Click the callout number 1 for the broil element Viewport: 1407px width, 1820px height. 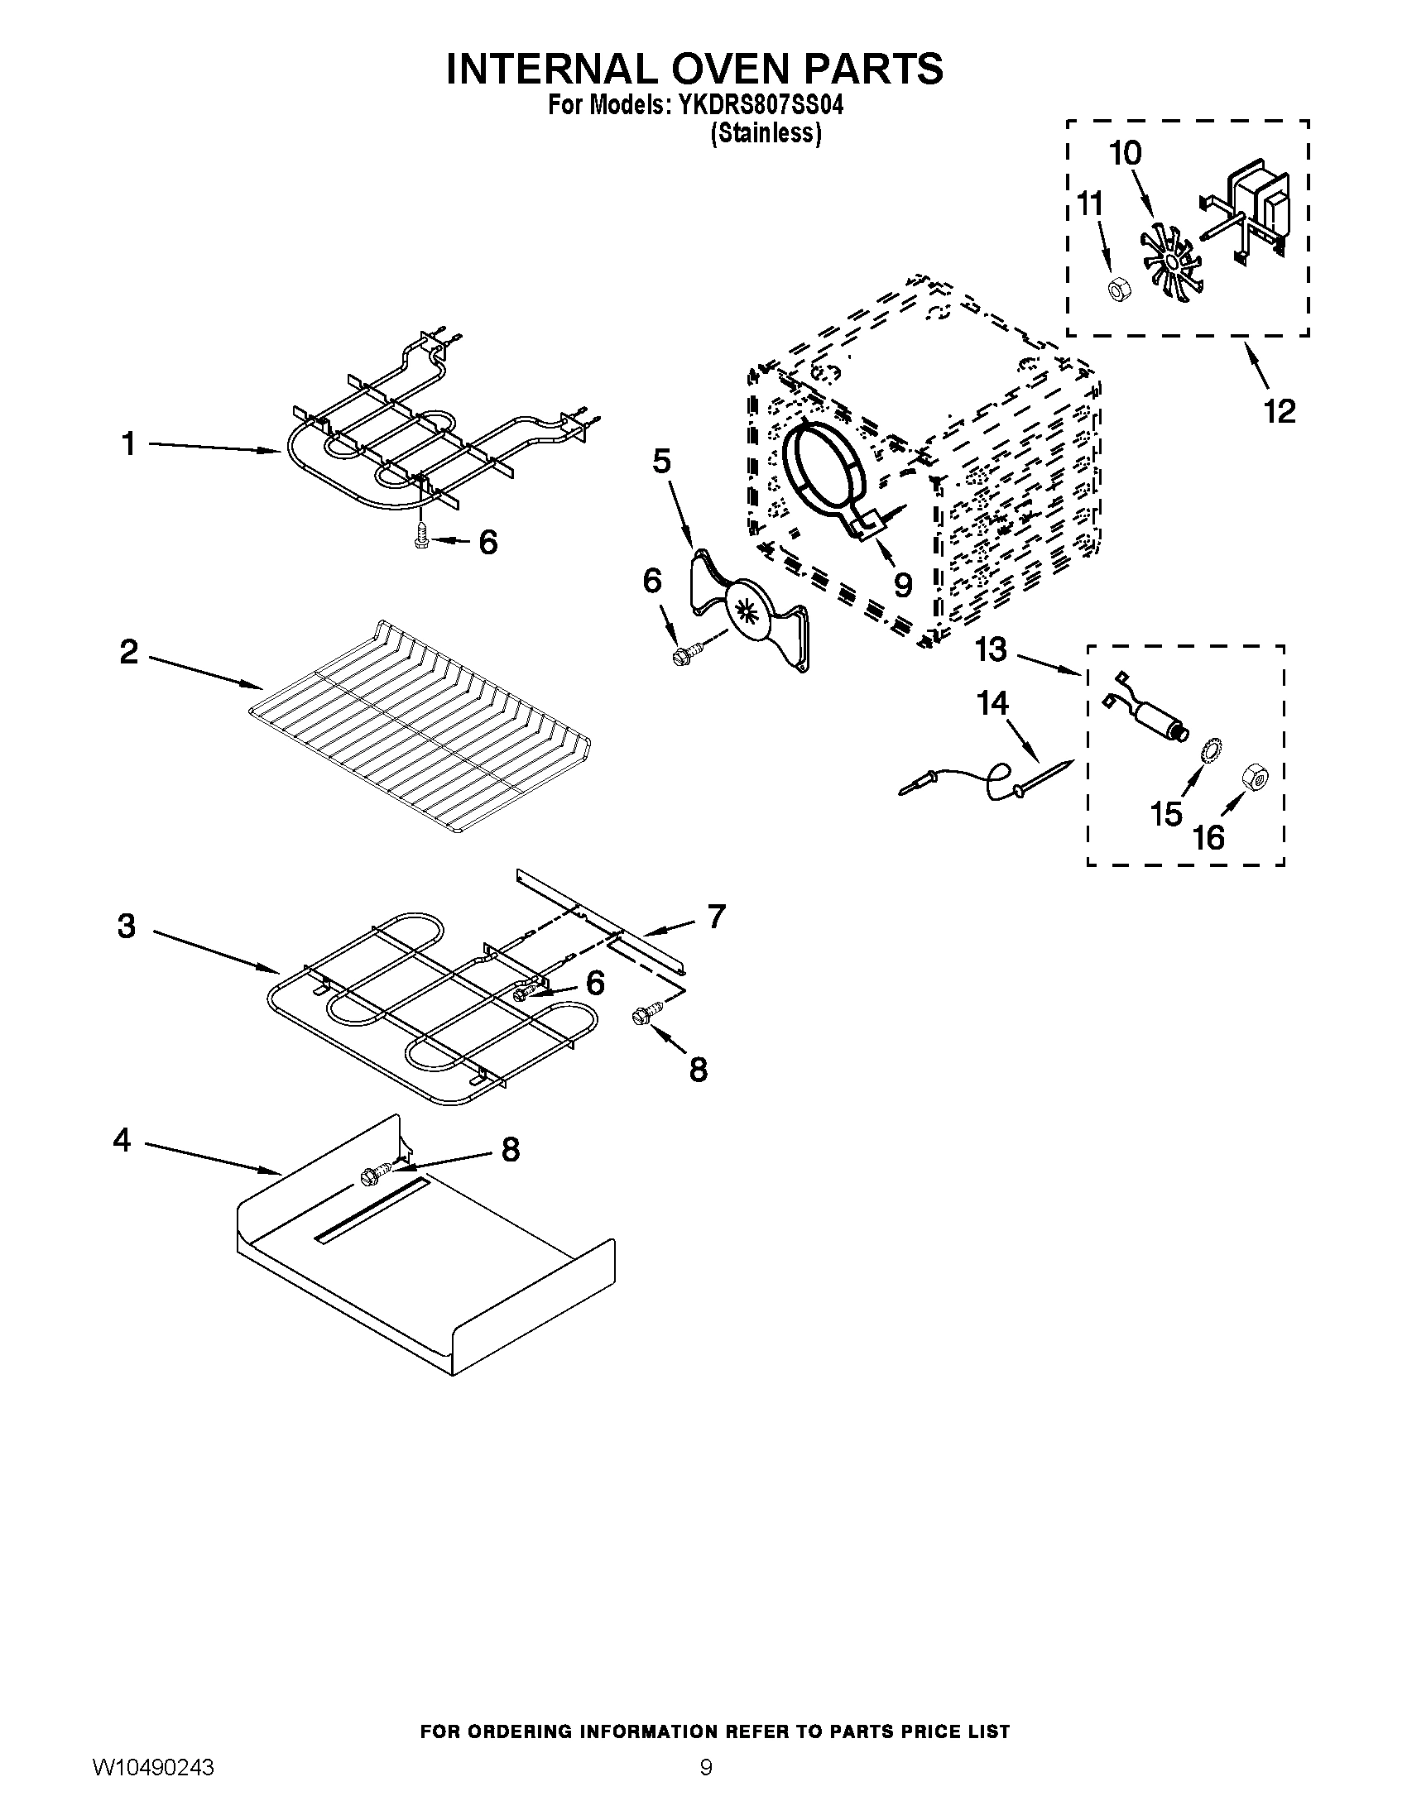click(x=128, y=444)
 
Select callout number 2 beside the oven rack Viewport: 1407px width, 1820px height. click(x=128, y=651)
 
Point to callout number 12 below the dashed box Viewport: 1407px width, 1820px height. click(x=1280, y=411)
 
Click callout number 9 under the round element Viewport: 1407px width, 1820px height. click(x=902, y=584)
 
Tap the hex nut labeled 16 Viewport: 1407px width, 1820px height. click(x=1254, y=778)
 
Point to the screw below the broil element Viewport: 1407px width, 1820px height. click(x=422, y=537)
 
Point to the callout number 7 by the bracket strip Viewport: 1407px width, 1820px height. click(x=716, y=917)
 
